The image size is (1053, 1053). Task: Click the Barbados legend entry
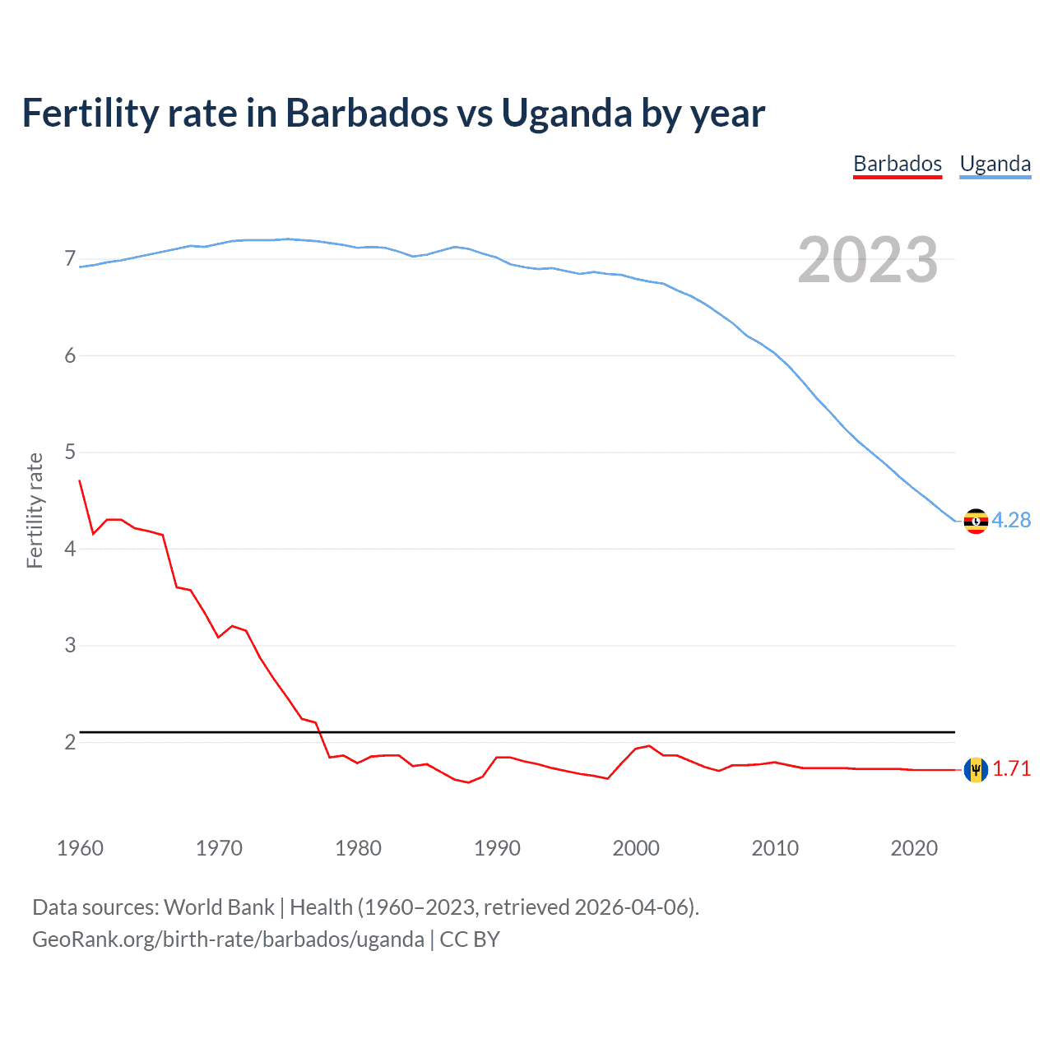pos(897,164)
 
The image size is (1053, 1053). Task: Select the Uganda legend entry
pos(995,164)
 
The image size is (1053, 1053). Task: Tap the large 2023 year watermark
pos(867,260)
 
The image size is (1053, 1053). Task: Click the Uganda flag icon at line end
pos(976,521)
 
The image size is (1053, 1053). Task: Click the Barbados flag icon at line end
pos(976,769)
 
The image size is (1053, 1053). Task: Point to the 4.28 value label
pos(1011,520)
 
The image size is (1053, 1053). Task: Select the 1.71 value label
pos(1011,768)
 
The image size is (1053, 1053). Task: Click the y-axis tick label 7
pos(70,259)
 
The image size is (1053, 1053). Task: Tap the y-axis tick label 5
pos(70,452)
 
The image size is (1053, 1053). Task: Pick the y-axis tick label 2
pos(70,742)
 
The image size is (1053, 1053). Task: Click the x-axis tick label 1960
pos(80,848)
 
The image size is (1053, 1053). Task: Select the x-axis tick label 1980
pos(358,848)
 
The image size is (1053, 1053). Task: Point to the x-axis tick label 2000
pos(636,848)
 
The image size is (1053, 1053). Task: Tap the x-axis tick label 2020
pos(914,848)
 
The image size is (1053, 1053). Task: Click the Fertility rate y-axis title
pos(35,510)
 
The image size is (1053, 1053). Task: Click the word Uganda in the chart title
pos(567,114)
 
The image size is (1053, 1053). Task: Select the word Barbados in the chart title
pos(366,114)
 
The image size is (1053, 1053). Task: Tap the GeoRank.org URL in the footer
pos(228,939)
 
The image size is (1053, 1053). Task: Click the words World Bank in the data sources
pos(219,907)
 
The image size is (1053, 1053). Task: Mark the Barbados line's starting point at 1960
pos(80,480)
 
